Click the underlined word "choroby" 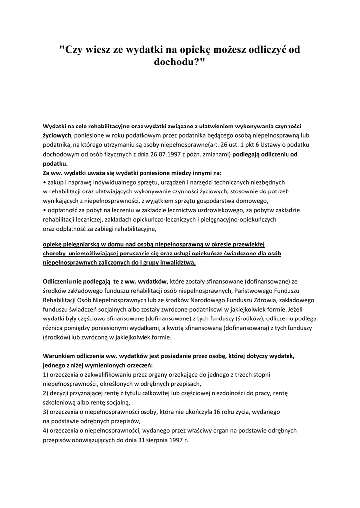[x=54, y=254]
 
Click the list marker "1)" [x=45, y=375]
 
